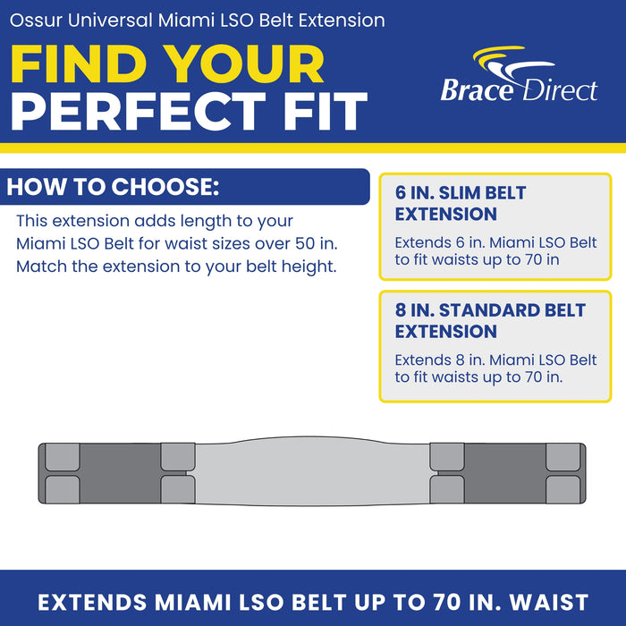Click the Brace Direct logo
(519, 74)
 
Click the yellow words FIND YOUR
(167, 64)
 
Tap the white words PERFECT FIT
(189, 112)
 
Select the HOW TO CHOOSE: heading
(113, 186)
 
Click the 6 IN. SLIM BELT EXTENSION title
(461, 204)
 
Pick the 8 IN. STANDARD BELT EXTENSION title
(490, 320)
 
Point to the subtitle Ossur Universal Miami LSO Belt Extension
(198, 21)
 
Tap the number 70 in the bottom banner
(448, 602)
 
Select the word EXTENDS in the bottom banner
(92, 602)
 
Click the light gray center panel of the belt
(312, 472)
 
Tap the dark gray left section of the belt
(120, 473)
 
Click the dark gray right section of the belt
(505, 473)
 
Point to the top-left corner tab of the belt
(63, 457)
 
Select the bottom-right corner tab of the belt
(563, 489)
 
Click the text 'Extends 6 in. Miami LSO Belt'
(495, 242)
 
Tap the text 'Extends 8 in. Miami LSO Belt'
(495, 360)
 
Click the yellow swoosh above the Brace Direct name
(498, 55)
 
